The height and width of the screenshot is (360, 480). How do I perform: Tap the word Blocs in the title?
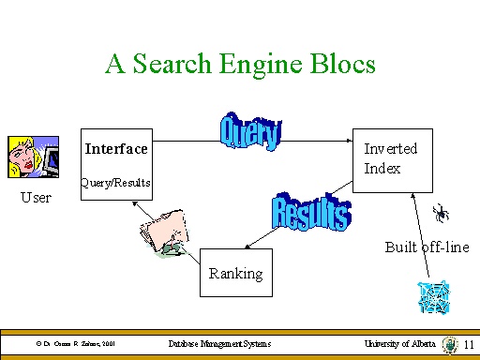click(338, 64)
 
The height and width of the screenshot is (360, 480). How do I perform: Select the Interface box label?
click(116, 149)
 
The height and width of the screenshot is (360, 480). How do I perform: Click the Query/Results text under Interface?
click(116, 182)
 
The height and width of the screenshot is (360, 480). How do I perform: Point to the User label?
click(37, 198)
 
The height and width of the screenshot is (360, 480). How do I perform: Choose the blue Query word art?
click(250, 131)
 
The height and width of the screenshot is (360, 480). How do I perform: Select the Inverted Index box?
click(391, 158)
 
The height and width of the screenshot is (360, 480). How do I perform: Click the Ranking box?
click(235, 272)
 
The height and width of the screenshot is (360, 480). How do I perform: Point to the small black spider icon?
click(440, 214)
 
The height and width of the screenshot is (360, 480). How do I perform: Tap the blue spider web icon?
click(433, 297)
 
